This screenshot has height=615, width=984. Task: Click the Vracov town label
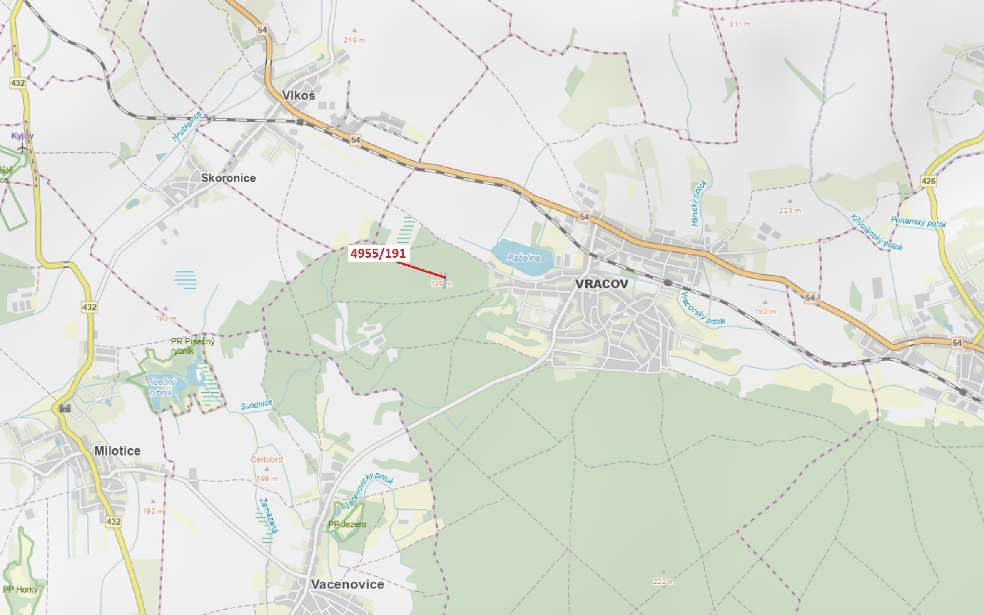click(602, 284)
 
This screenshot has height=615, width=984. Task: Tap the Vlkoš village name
click(299, 95)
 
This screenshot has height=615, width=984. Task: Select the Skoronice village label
click(228, 178)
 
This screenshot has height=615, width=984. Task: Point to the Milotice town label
click(117, 451)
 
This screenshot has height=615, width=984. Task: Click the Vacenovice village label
click(347, 584)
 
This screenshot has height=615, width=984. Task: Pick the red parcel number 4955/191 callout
click(378, 253)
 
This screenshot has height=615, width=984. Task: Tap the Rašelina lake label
click(524, 258)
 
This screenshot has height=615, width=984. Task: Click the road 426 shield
click(928, 181)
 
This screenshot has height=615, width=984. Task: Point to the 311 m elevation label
click(739, 24)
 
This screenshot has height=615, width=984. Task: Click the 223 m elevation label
click(790, 211)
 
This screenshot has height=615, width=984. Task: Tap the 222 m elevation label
click(663, 581)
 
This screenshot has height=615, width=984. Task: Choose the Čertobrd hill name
click(267, 460)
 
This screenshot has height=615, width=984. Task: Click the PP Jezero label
click(347, 524)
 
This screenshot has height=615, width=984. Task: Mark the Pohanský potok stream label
click(918, 222)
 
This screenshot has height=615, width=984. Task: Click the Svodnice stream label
click(257, 404)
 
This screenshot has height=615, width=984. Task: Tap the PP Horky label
click(20, 590)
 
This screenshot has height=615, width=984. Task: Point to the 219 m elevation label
click(354, 40)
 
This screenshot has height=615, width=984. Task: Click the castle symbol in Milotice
click(65, 408)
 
